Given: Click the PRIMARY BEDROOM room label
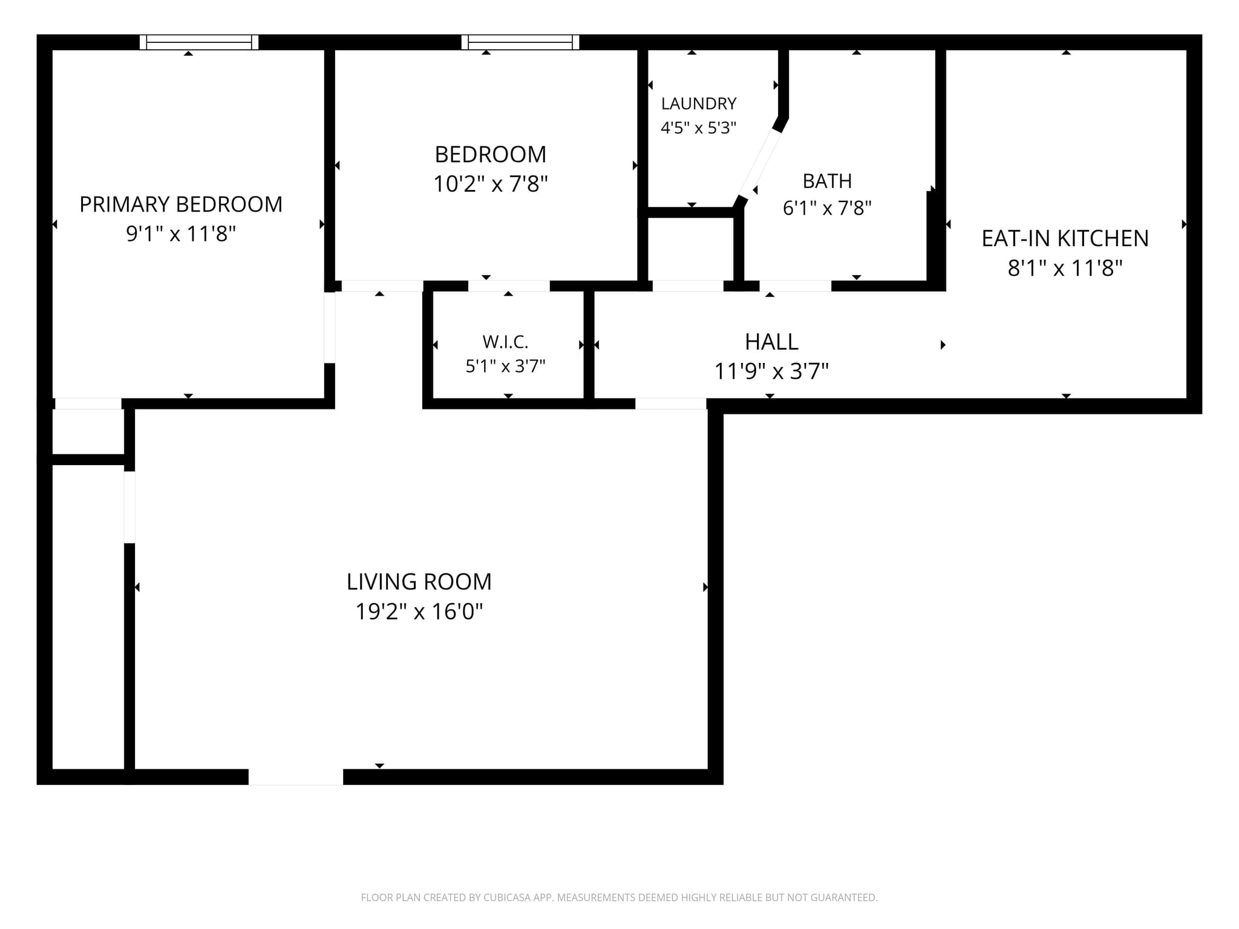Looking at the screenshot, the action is coord(181,204).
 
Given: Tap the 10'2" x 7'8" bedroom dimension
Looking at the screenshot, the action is coord(491,184).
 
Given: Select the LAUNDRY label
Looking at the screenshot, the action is coord(699,104).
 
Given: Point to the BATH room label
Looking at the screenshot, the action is coord(827,181).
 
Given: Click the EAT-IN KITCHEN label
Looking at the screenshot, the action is coord(1065,238).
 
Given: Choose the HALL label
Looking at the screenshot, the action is coord(771,342).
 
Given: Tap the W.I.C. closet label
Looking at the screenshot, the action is coord(506,342).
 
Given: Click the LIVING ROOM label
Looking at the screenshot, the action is coord(419,582).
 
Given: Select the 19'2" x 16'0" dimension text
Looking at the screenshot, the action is coord(419,611).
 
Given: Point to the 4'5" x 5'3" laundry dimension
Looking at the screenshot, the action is coord(699,128).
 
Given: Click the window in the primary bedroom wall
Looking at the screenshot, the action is coord(199,42).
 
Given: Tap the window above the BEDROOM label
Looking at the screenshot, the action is coord(520,42).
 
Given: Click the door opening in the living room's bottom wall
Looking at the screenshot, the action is coord(296,777).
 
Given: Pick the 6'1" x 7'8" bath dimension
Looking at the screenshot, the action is coord(827,209).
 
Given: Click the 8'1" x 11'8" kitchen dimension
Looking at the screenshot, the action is coord(1065,268).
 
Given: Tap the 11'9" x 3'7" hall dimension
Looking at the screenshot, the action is coord(771,371).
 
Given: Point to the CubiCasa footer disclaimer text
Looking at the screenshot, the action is coord(619,898).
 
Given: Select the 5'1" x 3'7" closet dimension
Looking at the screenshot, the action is coord(506,367).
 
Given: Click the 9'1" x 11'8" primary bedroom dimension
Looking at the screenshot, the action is coord(181,234).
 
